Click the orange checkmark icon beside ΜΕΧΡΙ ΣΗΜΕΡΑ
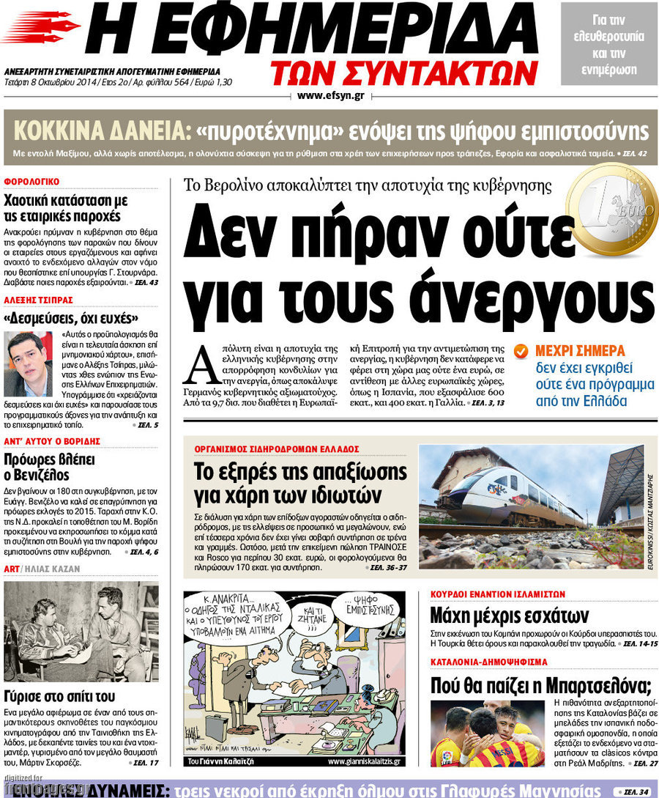(x=521, y=351)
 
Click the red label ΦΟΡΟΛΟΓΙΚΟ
(x=31, y=182)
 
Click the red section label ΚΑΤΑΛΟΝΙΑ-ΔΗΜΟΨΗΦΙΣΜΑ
(x=488, y=662)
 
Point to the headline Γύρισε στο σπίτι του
(x=59, y=696)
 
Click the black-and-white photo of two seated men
(x=81, y=631)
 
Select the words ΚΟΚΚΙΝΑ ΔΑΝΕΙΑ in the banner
(x=99, y=131)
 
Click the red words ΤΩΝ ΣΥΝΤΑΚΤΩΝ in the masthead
(x=403, y=73)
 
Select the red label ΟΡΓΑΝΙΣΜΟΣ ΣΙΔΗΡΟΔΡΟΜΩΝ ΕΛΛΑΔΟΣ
(x=277, y=448)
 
